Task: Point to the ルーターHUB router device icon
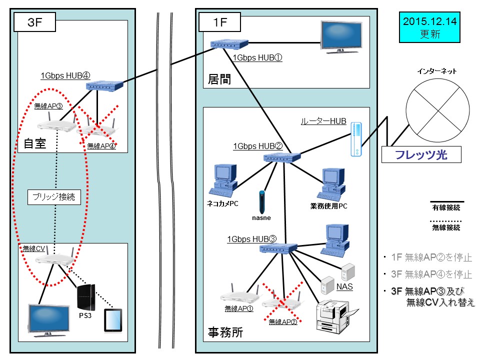[355, 138]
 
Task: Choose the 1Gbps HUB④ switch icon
[104, 86]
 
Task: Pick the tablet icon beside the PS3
[113, 320]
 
